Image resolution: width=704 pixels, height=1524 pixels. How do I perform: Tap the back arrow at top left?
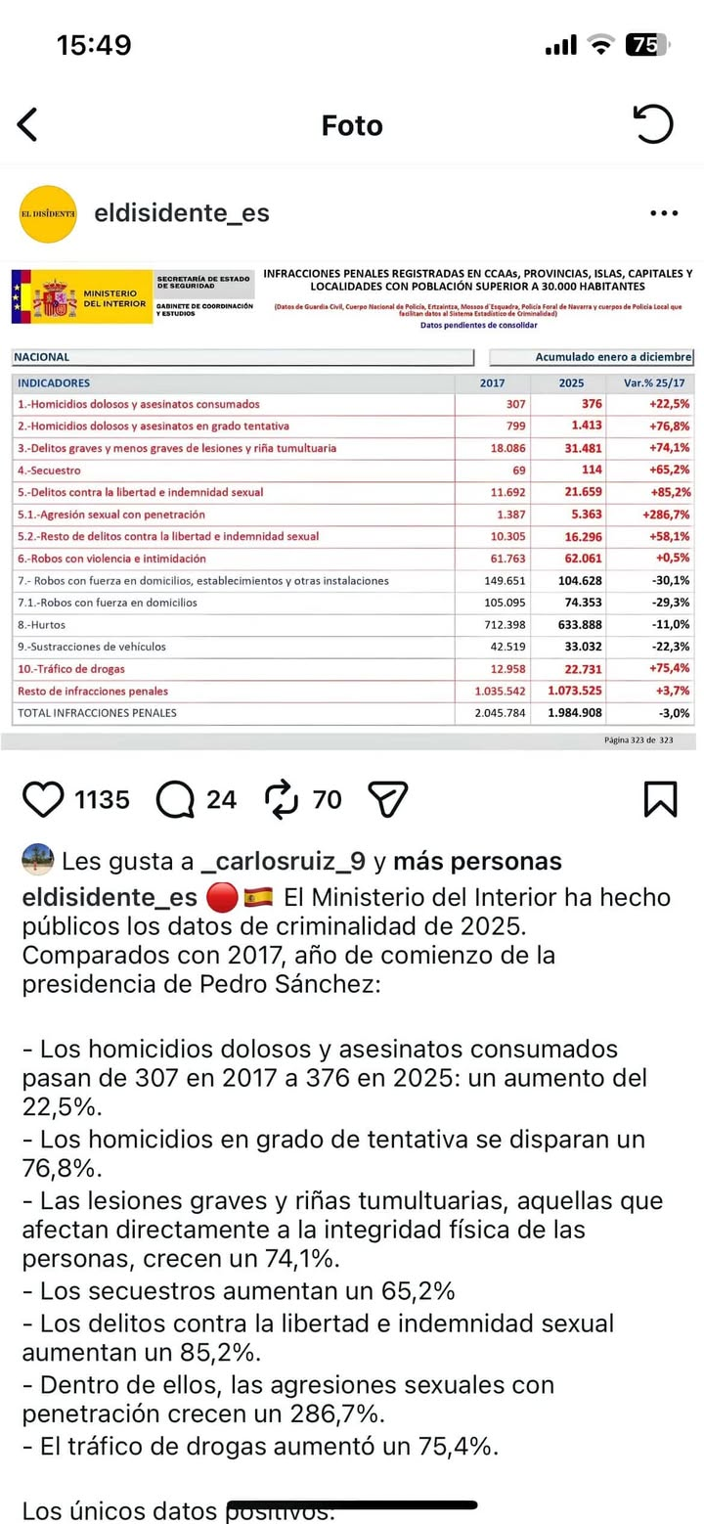click(27, 126)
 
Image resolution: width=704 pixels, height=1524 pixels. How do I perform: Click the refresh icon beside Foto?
click(653, 125)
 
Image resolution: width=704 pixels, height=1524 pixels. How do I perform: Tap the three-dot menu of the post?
click(664, 213)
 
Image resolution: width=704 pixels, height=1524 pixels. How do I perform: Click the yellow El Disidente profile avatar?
click(48, 212)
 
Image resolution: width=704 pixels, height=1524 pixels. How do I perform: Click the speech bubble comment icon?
click(176, 799)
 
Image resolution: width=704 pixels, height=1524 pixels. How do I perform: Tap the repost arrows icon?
click(282, 799)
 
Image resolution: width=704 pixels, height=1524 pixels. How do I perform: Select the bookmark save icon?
click(661, 799)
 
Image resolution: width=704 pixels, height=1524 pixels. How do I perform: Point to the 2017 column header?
click(493, 382)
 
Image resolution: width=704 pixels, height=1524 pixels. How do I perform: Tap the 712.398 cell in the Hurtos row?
click(505, 623)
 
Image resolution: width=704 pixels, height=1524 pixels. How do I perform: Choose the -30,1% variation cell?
click(668, 580)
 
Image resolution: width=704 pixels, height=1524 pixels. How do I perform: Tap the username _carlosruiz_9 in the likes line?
click(283, 862)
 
